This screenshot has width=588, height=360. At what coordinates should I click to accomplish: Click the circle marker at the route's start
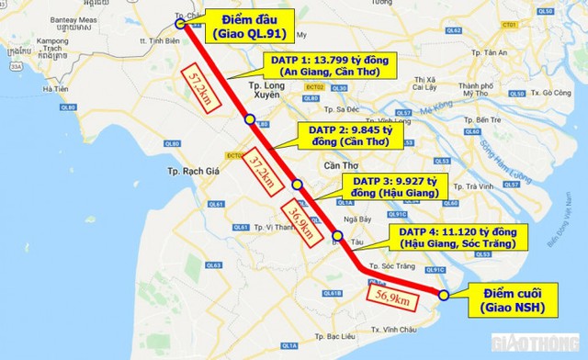coord(182,26)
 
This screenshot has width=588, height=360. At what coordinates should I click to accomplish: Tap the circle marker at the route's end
coord(443,295)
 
